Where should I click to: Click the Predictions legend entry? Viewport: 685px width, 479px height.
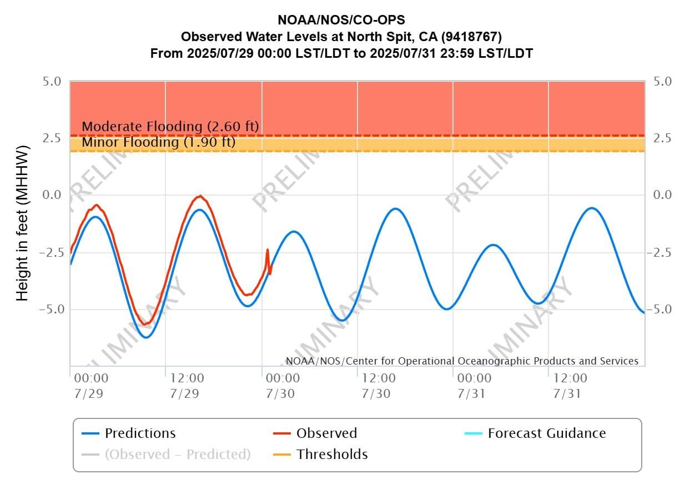[140, 433]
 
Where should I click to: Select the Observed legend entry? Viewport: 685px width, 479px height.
[326, 433]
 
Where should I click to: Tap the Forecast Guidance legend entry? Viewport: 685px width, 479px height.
[546, 433]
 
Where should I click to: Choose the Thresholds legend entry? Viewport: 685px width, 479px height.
[332, 455]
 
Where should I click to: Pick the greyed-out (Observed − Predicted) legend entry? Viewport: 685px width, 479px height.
[178, 455]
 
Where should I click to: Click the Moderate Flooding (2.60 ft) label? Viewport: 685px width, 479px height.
[170, 127]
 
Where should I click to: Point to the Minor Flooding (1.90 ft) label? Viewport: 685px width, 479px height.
[158, 143]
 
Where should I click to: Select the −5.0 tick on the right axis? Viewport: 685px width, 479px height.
[660, 309]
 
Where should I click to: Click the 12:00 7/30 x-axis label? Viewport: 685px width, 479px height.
[379, 385]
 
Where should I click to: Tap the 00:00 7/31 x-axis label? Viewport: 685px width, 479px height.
[475, 385]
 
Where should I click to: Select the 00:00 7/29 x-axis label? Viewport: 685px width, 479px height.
[91, 385]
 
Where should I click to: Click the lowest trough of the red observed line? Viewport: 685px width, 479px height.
[145, 324]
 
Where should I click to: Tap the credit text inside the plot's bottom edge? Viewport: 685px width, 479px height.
[462, 361]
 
